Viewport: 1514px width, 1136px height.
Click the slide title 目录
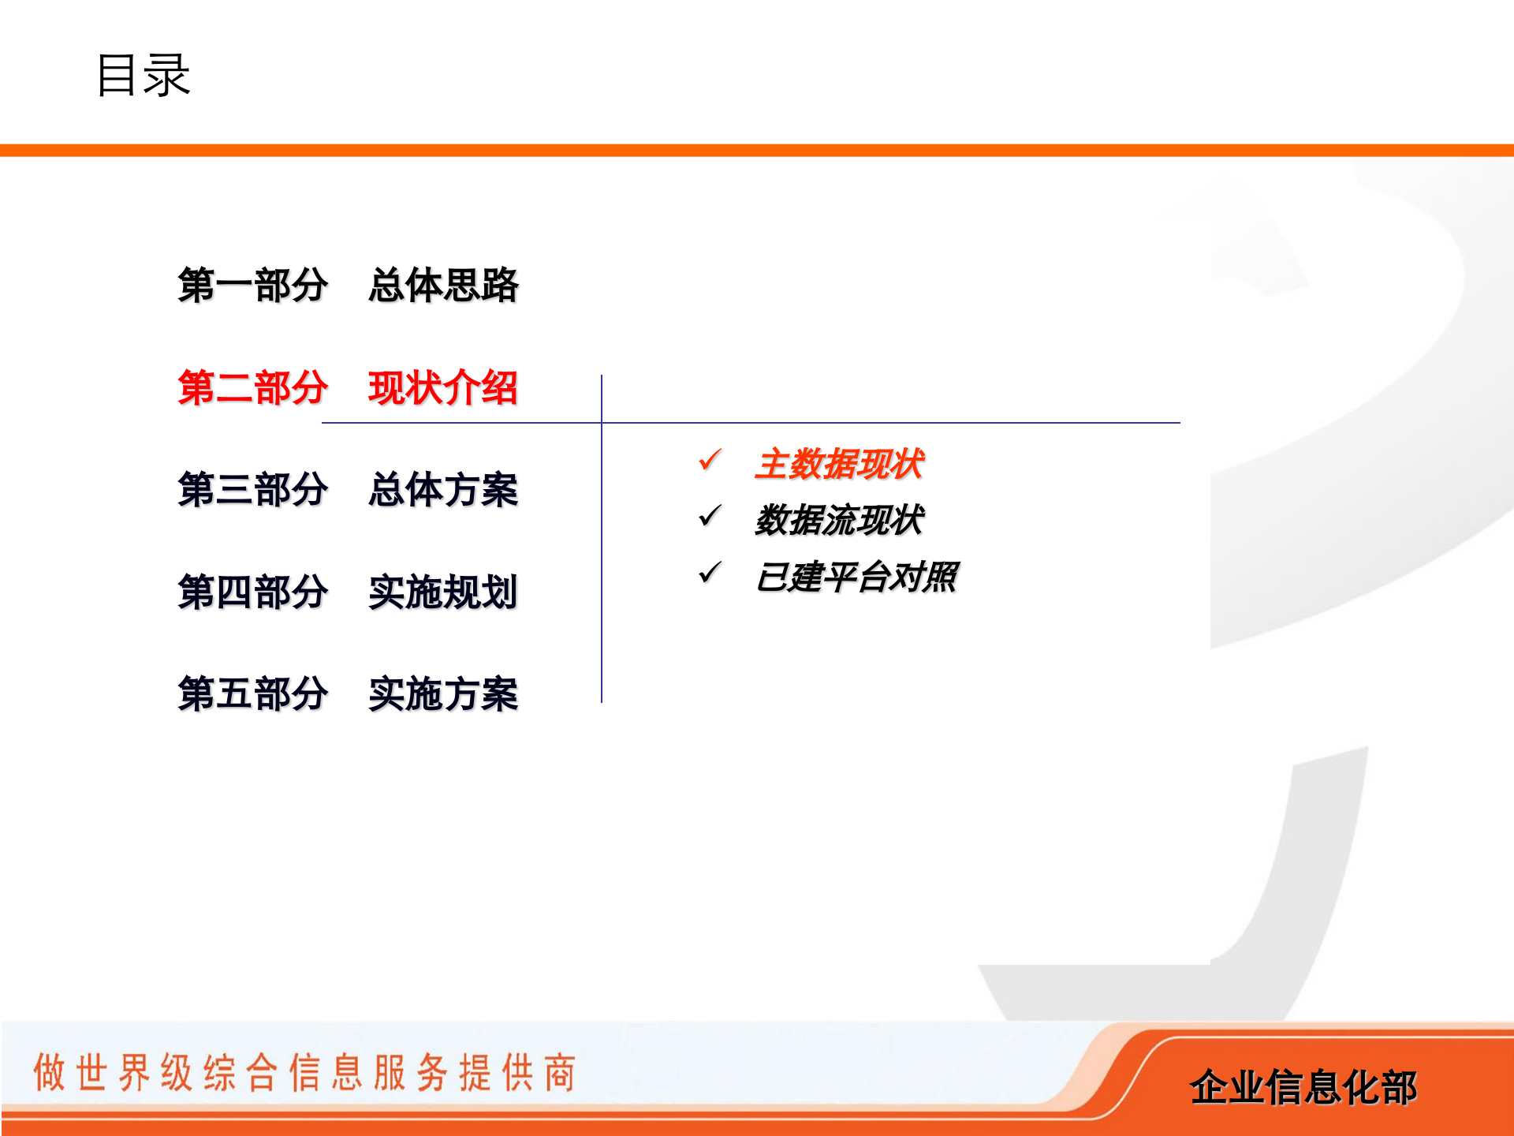click(143, 76)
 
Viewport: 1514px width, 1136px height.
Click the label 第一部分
click(252, 285)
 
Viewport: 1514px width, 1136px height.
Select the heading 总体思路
click(443, 285)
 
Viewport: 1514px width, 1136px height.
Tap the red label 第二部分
click(252, 387)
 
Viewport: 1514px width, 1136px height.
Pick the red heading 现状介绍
click(443, 387)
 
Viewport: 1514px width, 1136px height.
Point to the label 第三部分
click(252, 489)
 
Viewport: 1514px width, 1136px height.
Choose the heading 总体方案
click(443, 489)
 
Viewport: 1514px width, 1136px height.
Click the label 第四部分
click(252, 592)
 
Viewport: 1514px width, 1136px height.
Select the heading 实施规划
click(443, 592)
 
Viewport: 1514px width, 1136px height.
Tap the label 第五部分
click(252, 694)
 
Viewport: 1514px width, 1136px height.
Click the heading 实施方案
click(443, 694)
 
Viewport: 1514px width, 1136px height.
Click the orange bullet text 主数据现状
click(839, 464)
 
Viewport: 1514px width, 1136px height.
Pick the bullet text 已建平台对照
click(856, 577)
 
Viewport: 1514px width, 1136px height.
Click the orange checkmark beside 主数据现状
click(710, 459)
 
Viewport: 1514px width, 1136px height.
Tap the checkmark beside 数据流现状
click(710, 516)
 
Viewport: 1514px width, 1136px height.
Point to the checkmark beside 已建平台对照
click(710, 573)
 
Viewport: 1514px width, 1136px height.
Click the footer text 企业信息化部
click(1303, 1087)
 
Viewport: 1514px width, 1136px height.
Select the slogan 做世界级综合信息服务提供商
click(304, 1072)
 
